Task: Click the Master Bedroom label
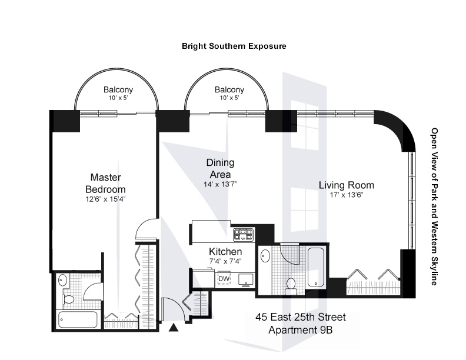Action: pyautogui.click(x=106, y=183)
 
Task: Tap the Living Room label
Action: pyautogui.click(x=347, y=185)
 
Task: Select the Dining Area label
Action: pyautogui.click(x=221, y=168)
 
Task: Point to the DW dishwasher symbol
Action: pyautogui.click(x=224, y=279)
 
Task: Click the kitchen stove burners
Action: pyautogui.click(x=243, y=235)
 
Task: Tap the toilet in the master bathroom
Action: pyautogui.click(x=68, y=299)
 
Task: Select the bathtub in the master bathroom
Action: pyautogui.click(x=78, y=320)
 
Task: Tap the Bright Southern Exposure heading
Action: pyautogui.click(x=234, y=45)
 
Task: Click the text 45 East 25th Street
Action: pyautogui.click(x=300, y=318)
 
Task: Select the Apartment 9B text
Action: pyautogui.click(x=300, y=330)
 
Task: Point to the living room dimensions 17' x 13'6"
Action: pyautogui.click(x=347, y=195)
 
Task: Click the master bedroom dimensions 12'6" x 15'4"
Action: pyautogui.click(x=106, y=199)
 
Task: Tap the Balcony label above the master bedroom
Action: pyautogui.click(x=118, y=90)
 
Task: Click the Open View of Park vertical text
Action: pyautogui.click(x=435, y=206)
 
